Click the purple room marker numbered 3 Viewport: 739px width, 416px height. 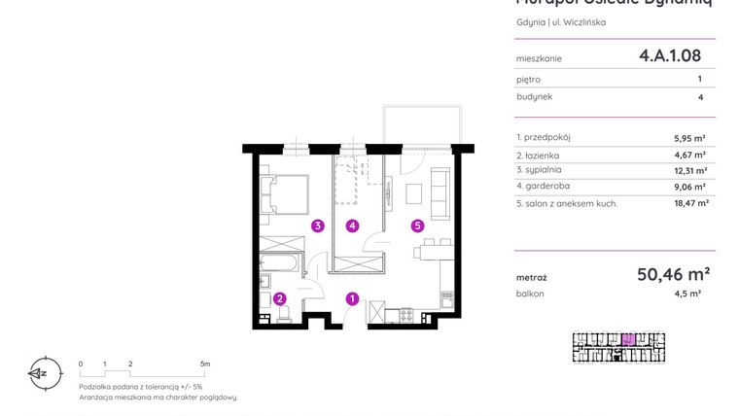pos(317,226)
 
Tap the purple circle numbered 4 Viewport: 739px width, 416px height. pos(353,226)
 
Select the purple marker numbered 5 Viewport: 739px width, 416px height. pos(417,226)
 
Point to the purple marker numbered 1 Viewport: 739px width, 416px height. pos(353,299)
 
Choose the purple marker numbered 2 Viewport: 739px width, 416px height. pos(279,299)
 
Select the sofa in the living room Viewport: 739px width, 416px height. pos(440,191)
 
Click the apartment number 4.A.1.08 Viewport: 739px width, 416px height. pos(670,56)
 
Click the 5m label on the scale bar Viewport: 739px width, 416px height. pos(204,363)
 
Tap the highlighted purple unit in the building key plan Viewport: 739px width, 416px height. pos(629,339)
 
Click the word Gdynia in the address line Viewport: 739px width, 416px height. pos(530,22)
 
